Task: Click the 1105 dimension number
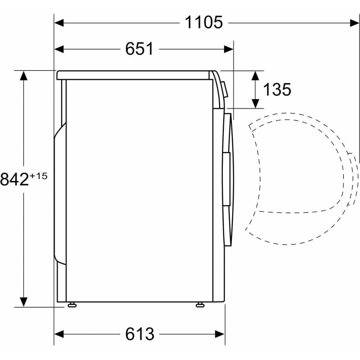pyautogui.click(x=204, y=22)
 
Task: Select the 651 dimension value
pyautogui.click(x=139, y=49)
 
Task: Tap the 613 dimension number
pyautogui.click(x=139, y=334)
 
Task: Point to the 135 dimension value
pyautogui.click(x=277, y=89)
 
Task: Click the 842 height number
pyautogui.click(x=14, y=179)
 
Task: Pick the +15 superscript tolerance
pyautogui.click(x=38, y=176)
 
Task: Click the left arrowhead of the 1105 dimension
pyautogui.click(x=59, y=23)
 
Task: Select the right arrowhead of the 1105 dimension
pyautogui.click(x=355, y=23)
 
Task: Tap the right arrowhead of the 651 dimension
pyautogui.click(x=229, y=49)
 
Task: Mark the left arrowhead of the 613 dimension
pyautogui.click(x=59, y=334)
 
